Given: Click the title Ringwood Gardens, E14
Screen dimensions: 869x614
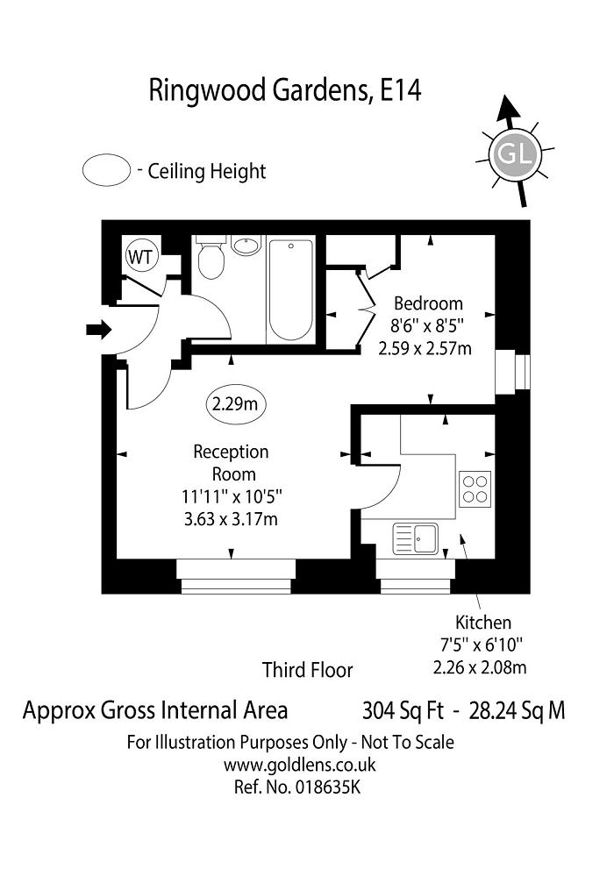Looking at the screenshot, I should point(285,89).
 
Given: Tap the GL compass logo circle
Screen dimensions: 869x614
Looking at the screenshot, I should point(514,154).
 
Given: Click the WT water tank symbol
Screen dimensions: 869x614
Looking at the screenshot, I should point(141,257).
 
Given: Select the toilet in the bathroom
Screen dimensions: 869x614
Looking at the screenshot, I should point(211,257).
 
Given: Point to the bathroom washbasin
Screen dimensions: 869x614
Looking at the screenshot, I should point(248,245).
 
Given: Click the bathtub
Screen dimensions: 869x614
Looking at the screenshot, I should point(290,288).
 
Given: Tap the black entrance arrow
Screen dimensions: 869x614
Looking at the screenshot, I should point(99,330).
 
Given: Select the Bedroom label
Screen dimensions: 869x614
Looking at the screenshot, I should point(427,303).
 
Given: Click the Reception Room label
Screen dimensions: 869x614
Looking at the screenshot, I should point(231,463).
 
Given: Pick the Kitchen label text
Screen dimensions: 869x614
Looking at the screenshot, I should point(482,623).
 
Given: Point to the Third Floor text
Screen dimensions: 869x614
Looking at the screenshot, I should point(307,671).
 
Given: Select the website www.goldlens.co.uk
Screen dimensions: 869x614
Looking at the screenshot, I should point(300,765).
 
